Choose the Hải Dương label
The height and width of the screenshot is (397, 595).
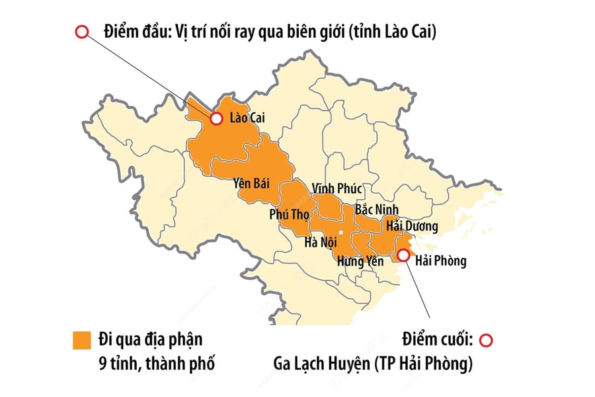click(x=412, y=226)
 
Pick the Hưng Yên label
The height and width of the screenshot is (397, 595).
click(x=360, y=261)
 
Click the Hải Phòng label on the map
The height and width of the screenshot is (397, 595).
click(x=441, y=261)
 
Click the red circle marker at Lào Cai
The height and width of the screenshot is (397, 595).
click(x=216, y=119)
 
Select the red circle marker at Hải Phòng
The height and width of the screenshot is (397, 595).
click(x=403, y=254)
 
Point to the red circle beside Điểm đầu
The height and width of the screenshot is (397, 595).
click(x=82, y=32)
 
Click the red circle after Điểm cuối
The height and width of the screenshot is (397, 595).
click(x=486, y=341)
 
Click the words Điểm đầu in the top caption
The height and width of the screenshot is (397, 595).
click(x=134, y=32)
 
